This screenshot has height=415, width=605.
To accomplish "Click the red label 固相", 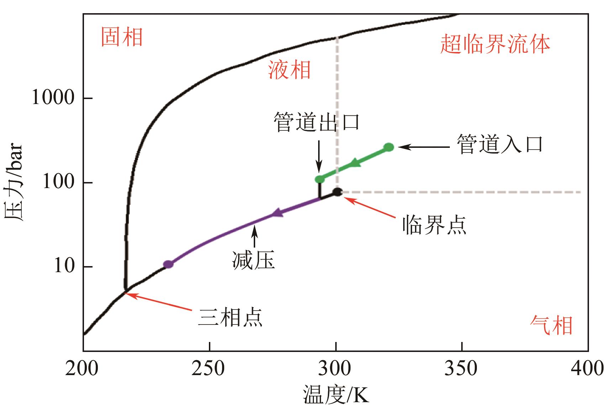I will (122, 37).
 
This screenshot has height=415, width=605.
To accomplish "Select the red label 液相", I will (289, 69).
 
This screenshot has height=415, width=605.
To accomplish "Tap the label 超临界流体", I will (495, 45).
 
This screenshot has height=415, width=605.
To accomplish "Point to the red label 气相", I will (551, 326).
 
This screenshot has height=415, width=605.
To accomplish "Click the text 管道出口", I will (317, 123).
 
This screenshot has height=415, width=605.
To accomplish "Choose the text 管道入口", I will (500, 145).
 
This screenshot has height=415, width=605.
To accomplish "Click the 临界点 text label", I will (434, 225).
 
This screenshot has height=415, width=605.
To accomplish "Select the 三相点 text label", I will (230, 317).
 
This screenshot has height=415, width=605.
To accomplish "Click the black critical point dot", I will (337, 192).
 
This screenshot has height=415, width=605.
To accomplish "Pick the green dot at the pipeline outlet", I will (320, 179).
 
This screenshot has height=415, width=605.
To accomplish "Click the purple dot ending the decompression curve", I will (168, 264).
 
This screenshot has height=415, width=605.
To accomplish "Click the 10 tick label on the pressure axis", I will (64, 266).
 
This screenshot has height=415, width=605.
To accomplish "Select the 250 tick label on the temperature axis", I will (209, 369).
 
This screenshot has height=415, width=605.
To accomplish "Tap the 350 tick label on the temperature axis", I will (461, 369).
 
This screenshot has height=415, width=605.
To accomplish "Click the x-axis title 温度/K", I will (336, 395).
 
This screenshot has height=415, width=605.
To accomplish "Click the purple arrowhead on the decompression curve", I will (277, 213).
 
